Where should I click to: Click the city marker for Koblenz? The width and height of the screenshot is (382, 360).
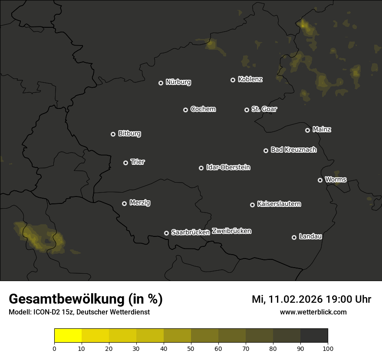click(x=233, y=80)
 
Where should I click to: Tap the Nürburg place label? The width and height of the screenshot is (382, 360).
click(x=178, y=82)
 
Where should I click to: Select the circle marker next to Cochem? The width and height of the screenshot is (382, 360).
click(x=185, y=110)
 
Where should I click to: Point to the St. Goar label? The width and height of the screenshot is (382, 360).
click(x=264, y=109)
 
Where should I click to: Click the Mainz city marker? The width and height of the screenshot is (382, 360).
click(x=307, y=130)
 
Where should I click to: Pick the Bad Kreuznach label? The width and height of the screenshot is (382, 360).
click(x=293, y=150)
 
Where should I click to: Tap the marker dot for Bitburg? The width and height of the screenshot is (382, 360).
click(x=113, y=134)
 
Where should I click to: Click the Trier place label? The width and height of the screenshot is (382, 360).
click(x=138, y=162)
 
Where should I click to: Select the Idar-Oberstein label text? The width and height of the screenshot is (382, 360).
click(x=228, y=167)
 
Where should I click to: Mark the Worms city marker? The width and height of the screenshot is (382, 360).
click(x=320, y=180)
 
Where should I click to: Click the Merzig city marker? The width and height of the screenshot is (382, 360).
click(x=124, y=203)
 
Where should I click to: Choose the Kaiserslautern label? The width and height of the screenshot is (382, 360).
click(x=279, y=204)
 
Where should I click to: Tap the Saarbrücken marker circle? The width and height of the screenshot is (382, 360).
click(x=166, y=233)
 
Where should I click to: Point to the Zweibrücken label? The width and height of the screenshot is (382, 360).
click(x=231, y=231)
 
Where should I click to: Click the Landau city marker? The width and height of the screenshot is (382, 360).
click(x=294, y=237)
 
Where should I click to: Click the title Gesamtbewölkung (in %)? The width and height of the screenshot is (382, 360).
click(x=86, y=299)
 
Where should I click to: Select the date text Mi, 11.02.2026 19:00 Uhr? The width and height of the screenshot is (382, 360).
click(x=311, y=299)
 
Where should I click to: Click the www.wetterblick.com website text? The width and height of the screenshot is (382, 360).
click(x=313, y=312)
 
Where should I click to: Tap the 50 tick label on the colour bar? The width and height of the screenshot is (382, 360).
click(x=191, y=348)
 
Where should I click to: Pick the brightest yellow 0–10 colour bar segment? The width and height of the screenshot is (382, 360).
click(x=68, y=336)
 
